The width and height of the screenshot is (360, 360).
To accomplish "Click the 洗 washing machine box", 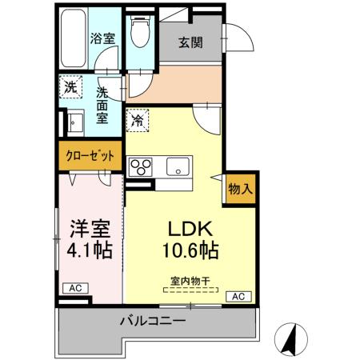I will [x=70, y=86].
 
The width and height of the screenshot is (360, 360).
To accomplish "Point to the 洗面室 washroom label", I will [x=102, y=105].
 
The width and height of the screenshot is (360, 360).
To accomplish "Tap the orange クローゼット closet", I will [x=90, y=155].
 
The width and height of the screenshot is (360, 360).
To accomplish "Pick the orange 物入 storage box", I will [x=241, y=189].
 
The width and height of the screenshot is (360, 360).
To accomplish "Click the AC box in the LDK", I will [x=238, y=297].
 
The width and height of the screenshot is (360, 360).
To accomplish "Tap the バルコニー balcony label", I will [x=154, y=322].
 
